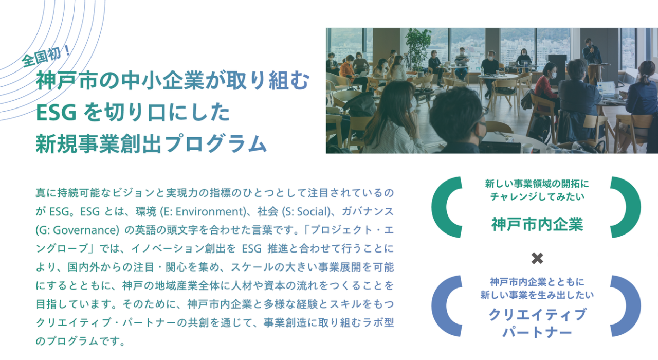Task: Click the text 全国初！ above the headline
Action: click(47, 55)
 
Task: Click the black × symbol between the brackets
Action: click(537, 258)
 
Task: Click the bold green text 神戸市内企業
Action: click(537, 225)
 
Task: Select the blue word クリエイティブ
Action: click(537, 314)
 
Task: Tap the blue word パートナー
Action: click(537, 332)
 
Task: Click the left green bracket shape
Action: click(445, 207)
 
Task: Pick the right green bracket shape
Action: click(627, 207)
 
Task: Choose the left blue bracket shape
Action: click(445, 307)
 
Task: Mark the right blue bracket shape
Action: click(627, 307)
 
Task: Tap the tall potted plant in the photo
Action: click(417, 49)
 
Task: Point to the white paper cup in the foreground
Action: click(527, 148)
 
